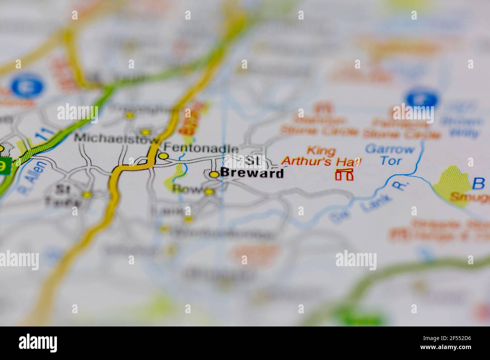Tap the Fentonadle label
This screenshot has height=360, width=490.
point(201,149)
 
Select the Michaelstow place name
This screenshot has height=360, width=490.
point(116,137)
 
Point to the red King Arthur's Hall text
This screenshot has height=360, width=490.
point(322,156)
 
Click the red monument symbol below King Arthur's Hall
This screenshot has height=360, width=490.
point(345,174)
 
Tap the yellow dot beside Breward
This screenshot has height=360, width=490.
point(214,174)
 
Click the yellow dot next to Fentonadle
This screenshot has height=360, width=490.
point(163,156)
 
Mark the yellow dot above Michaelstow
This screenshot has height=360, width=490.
point(145,132)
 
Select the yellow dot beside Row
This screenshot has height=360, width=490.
point(209,192)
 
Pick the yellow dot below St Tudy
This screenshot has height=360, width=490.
point(87,195)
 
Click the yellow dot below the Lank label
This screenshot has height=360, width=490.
point(188,218)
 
